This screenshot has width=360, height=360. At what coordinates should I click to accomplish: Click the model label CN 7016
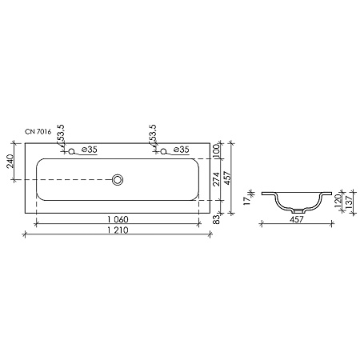tap(38, 132)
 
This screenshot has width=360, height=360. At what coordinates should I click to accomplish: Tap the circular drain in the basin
tap(118, 180)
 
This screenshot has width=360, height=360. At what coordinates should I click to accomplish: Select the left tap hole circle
tap(71, 151)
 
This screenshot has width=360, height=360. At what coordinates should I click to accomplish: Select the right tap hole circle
tap(163, 151)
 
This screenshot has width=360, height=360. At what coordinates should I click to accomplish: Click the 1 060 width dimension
tap(118, 219)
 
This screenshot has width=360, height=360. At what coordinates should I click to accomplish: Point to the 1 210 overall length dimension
tap(118, 230)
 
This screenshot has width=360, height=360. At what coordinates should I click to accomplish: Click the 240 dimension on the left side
tap(10, 161)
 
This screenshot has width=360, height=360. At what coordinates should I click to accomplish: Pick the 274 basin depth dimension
tap(217, 179)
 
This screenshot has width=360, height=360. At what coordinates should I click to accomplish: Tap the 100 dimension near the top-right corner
tap(216, 150)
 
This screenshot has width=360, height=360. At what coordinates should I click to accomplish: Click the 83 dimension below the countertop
tap(217, 219)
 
